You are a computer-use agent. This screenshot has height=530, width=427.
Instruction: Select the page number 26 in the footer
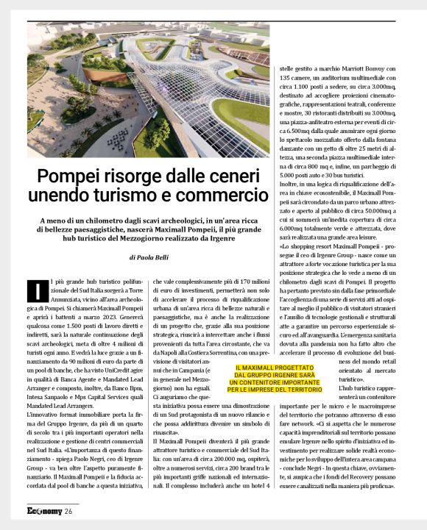tap(68, 512)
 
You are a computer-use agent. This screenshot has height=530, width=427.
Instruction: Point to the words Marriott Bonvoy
tap(356, 67)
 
